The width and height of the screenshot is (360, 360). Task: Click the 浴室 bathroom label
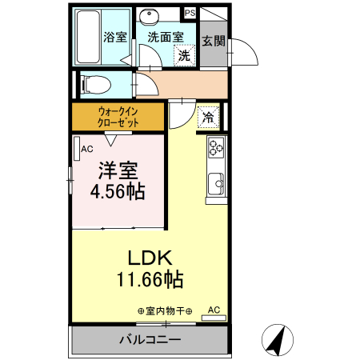114,37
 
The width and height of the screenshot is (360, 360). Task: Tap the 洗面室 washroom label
166,37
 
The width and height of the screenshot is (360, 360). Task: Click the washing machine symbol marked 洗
184,55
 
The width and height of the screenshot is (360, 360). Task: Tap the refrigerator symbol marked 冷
206,117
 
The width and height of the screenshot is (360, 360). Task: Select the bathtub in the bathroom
86,37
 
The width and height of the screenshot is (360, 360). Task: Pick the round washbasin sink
146,18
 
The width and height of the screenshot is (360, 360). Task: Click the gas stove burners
216,146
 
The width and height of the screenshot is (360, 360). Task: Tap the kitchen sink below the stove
216,184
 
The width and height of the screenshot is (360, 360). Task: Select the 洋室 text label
117,170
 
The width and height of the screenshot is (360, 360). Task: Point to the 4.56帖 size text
117,192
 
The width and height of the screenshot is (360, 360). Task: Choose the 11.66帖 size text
150,279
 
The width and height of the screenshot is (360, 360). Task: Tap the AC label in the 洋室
87,149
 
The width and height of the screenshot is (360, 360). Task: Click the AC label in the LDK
214,309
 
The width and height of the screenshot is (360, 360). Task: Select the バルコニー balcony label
150,339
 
